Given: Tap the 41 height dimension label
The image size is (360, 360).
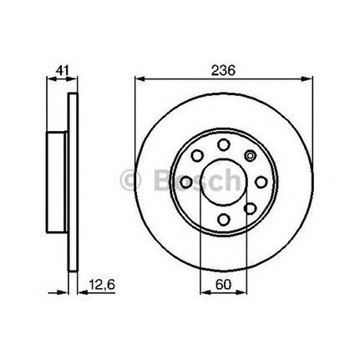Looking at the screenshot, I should [58, 71].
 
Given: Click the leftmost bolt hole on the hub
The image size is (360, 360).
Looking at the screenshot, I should [183, 181].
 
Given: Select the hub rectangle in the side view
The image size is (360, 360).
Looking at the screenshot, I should [54, 181].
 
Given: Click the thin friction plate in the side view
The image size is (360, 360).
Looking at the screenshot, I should [71, 181].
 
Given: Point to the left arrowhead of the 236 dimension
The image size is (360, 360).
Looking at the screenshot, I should [138, 81].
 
